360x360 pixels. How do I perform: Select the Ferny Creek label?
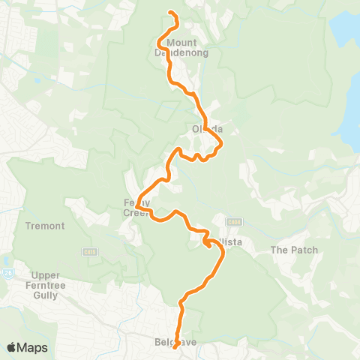[137, 208]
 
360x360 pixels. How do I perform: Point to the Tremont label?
[44, 226]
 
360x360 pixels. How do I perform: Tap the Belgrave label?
[174, 341]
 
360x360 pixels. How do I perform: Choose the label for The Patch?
[294, 250]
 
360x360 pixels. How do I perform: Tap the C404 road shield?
[235, 222]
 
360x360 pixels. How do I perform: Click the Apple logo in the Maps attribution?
[11, 347]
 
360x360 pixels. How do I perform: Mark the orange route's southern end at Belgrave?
[174, 347]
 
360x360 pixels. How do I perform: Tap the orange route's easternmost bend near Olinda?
[223, 142]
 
